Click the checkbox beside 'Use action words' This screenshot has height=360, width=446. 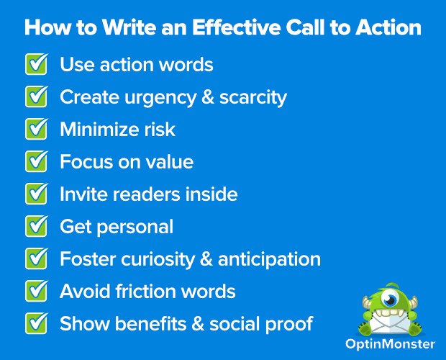pos(37,65)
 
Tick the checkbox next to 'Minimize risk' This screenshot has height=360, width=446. pos(37,130)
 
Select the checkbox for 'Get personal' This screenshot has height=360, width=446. pos(37,226)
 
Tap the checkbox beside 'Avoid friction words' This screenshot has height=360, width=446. pos(37,291)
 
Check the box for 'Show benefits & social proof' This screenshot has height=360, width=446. pos(37,323)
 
